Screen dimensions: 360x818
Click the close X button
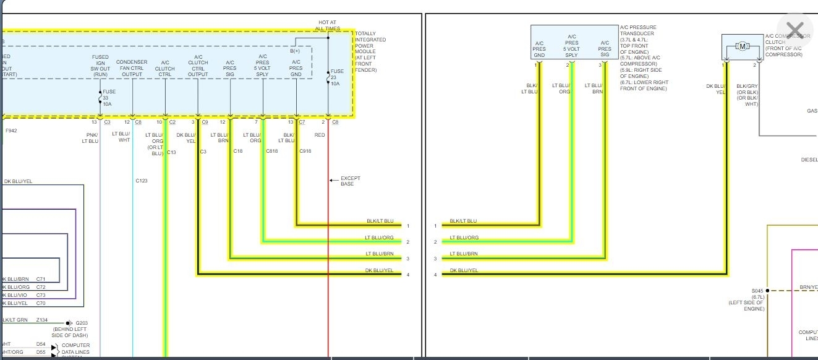pyautogui.click(x=795, y=30)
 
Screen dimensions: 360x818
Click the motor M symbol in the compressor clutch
pyautogui.click(x=742, y=46)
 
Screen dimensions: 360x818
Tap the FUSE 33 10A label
pyautogui.click(x=109, y=98)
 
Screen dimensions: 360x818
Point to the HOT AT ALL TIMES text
pyautogui.click(x=328, y=25)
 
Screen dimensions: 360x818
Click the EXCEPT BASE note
pyautogui.click(x=351, y=181)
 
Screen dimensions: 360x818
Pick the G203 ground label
pyautogui.click(x=81, y=323)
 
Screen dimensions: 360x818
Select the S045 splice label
pyautogui.click(x=757, y=291)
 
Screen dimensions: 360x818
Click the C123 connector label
pyautogui.click(x=142, y=181)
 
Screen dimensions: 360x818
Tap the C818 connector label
pyautogui.click(x=272, y=152)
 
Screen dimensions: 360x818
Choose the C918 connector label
pyautogui.click(x=305, y=152)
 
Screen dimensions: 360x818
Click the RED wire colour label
pyautogui.click(x=320, y=135)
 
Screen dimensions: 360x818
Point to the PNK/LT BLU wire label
pyautogui.click(x=90, y=138)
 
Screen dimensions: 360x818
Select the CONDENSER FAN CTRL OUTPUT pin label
pyautogui.click(x=132, y=68)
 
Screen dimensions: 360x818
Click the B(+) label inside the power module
pyautogui.click(x=295, y=51)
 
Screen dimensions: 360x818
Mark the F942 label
pyautogui.click(x=11, y=131)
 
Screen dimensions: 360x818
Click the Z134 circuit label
pyautogui.click(x=41, y=320)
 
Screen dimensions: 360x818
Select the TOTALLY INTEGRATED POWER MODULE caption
pyautogui.click(x=370, y=52)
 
